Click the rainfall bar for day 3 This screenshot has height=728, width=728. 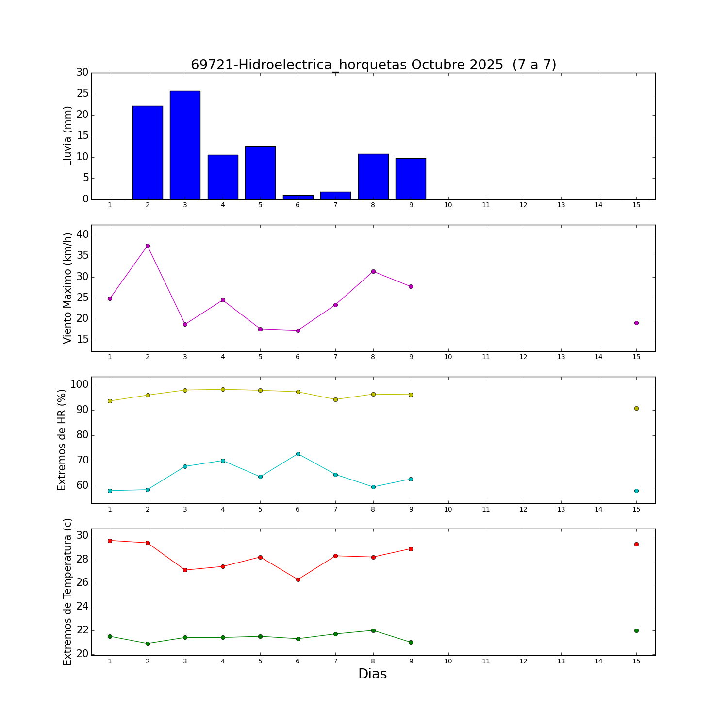point(185,145)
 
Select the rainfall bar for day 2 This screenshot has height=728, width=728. point(148,152)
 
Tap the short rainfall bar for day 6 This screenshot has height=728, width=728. point(298,197)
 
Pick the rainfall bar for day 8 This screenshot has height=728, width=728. point(373,177)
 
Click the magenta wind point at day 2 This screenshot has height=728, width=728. point(148,246)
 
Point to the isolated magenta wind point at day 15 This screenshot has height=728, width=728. point(636,323)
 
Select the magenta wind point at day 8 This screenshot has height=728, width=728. point(373,271)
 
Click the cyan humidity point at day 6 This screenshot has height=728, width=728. point(298,454)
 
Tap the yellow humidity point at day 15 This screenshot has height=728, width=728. point(636,409)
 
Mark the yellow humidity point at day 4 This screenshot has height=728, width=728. point(223,389)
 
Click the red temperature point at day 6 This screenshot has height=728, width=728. point(298,579)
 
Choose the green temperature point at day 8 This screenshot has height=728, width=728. point(373,630)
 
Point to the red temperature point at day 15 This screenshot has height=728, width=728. point(636,545)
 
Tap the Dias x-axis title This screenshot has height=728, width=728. point(372,674)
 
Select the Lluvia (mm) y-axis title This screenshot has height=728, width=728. point(68,136)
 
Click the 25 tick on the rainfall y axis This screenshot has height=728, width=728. point(83,94)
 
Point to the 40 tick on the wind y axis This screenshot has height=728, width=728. point(83,235)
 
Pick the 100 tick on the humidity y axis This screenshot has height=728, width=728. point(80,385)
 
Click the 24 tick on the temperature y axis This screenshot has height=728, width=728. point(83,607)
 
